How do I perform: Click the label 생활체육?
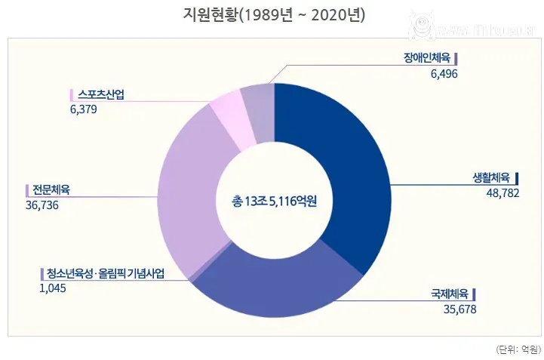(x=491, y=179)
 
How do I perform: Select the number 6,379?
(x=83, y=109)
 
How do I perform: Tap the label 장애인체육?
(x=428, y=58)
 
